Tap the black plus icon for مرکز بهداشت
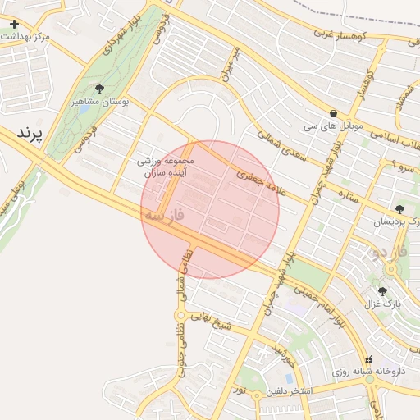coord(14,24)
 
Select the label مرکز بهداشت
coord(26,38)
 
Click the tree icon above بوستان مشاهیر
coord(100,89)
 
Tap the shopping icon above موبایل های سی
coord(332,113)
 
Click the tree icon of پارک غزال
coord(382,290)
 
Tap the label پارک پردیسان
coord(395,222)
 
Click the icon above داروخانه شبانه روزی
coord(368,358)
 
